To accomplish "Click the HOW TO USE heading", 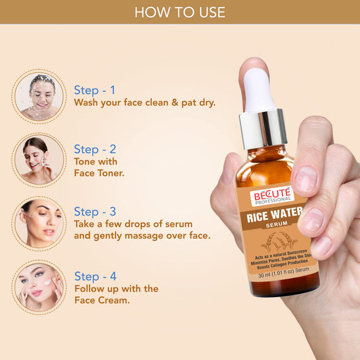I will (x=180, y=12).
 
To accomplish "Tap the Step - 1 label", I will (x=95, y=90).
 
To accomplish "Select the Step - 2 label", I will (x=95, y=149).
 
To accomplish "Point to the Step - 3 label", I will (x=95, y=212).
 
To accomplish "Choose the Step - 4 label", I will (x=95, y=276).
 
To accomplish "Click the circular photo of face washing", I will (x=39, y=97).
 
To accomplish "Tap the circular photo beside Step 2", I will (x=39, y=159).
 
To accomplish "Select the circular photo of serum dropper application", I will (x=39, y=224).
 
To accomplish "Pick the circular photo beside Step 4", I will (x=39, y=286).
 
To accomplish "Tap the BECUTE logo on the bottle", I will (x=272, y=195).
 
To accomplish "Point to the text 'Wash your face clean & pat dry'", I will (x=149, y=104).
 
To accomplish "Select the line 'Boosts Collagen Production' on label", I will (x=278, y=265).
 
